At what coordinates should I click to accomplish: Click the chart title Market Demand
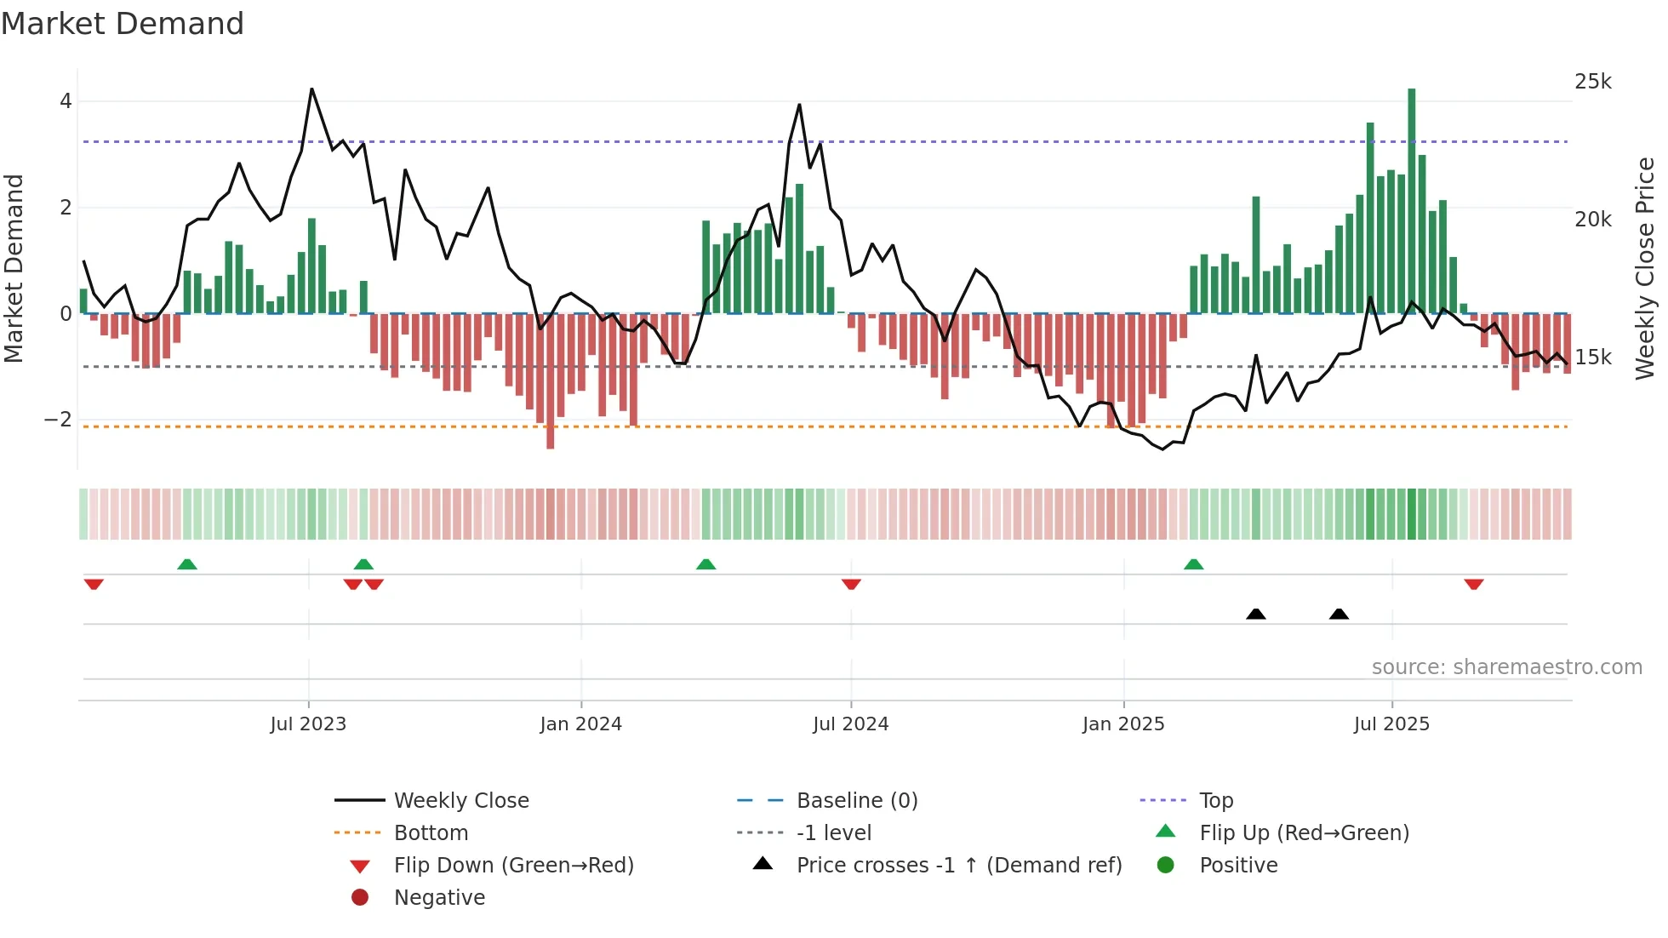point(123,24)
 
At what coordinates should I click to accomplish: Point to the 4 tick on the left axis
point(66,101)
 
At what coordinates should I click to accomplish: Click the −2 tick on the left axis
point(59,420)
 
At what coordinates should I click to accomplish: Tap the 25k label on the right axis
point(1593,82)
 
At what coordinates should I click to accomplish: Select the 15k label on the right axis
point(1593,357)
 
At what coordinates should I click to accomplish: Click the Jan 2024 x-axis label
point(581,724)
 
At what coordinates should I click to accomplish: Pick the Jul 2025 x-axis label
point(1392,724)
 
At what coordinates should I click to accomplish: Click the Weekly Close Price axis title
point(1645,268)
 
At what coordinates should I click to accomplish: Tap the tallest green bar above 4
point(1412,200)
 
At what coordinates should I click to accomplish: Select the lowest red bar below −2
point(551,381)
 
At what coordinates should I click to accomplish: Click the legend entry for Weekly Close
point(461,801)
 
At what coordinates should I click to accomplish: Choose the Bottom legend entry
point(431,833)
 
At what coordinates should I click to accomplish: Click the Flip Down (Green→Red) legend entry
point(513,866)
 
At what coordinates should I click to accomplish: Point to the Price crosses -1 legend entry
point(959,866)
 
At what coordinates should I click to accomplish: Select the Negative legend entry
point(439,898)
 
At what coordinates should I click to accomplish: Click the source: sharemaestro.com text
point(1506,667)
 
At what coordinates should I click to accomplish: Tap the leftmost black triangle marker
point(1255,614)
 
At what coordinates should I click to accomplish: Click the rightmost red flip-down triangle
point(1474,584)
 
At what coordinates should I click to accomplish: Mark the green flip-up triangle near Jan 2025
point(1193,564)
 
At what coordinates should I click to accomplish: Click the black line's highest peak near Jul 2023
point(311,89)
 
